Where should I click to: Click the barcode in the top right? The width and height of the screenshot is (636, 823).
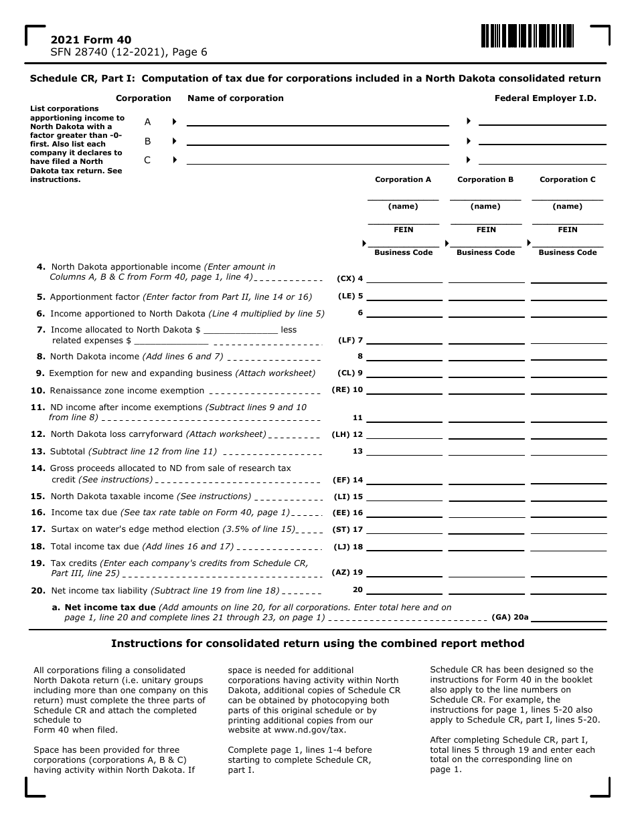coord(527,36)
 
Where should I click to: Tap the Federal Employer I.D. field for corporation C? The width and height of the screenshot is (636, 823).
coord(542,159)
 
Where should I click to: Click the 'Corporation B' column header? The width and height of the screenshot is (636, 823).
coord(485,179)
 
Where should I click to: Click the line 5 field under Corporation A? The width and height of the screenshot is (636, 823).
coord(404,295)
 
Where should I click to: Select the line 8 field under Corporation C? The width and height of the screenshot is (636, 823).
coord(568,356)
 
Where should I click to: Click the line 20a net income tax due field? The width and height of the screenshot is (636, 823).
coord(568,617)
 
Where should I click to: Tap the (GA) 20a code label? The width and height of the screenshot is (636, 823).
coord(510,618)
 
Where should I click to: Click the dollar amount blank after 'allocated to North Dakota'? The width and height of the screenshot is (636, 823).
coord(240,329)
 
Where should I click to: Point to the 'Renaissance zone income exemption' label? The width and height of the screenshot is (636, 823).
coord(127,391)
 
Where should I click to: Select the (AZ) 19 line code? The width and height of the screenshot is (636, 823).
coord(347,573)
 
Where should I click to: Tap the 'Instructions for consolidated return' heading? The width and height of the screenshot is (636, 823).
coord(317,644)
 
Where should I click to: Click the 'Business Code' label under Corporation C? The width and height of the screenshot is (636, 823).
coord(568,252)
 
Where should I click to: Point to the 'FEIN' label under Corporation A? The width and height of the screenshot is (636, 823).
coord(403,230)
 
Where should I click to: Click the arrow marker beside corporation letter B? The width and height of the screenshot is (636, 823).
coord(174,141)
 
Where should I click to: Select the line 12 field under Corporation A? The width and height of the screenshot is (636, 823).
coord(404,434)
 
